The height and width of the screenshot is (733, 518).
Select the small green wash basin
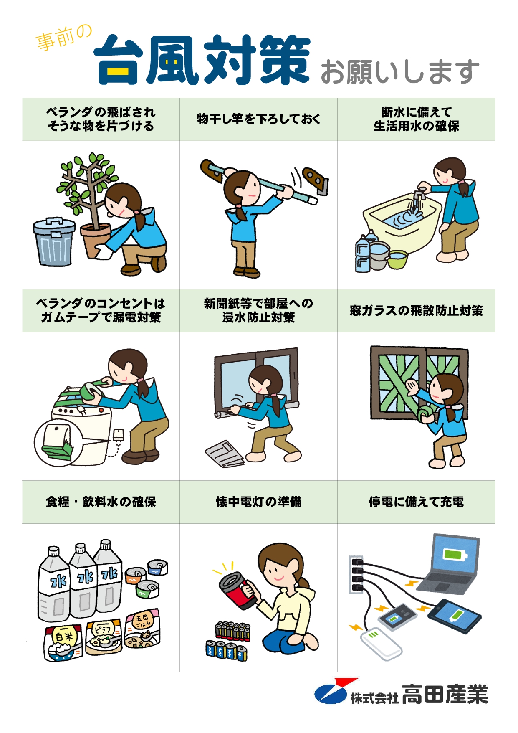pyautogui.click(x=397, y=259)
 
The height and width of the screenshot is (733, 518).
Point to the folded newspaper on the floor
pyautogui.click(x=225, y=454)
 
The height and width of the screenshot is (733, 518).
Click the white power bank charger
pyautogui.click(x=381, y=643)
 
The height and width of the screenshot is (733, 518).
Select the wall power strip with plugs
pyautogui.click(x=356, y=574)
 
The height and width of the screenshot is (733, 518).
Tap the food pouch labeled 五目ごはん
pyautogui.click(x=142, y=628)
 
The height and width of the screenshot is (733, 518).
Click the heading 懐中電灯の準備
pyautogui.click(x=258, y=502)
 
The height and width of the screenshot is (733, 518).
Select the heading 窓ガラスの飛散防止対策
pyautogui.click(x=416, y=310)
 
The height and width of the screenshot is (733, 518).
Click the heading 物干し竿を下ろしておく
pyautogui.click(x=258, y=119)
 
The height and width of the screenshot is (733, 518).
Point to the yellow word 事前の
pyautogui.click(x=64, y=38)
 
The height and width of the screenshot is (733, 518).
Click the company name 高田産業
pyautogui.click(x=445, y=694)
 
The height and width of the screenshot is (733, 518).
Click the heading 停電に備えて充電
pyautogui.click(x=416, y=502)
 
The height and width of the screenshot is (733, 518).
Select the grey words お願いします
pyautogui.click(x=400, y=71)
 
